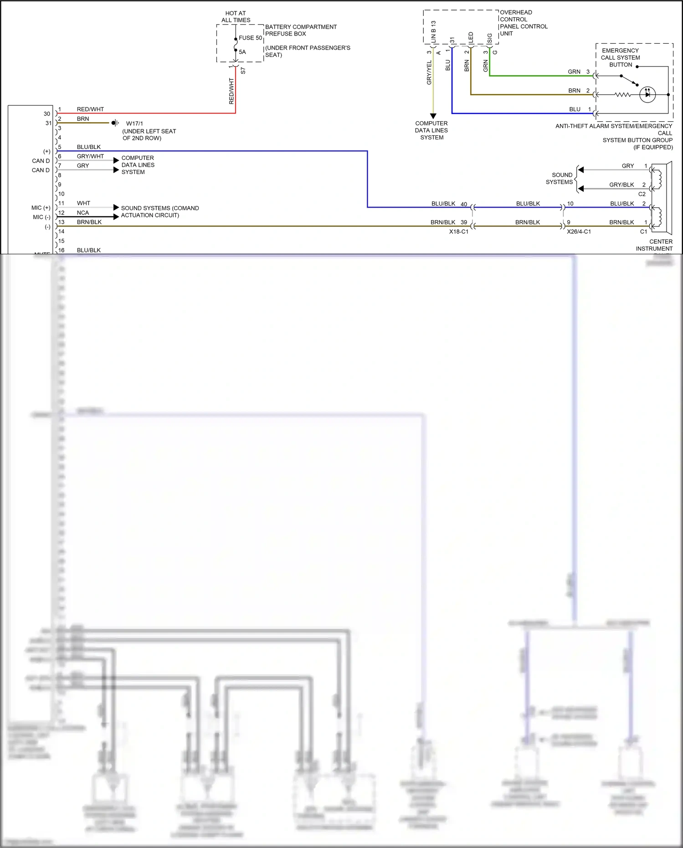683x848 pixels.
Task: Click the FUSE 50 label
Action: pos(250,38)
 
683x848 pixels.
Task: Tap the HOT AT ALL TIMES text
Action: pos(236,17)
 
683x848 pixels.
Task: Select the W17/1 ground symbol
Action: pos(115,123)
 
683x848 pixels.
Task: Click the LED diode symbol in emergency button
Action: pos(647,95)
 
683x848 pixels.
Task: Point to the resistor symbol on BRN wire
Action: pos(622,95)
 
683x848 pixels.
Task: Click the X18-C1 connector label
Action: pos(458,231)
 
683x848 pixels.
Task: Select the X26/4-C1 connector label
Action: pos(579,231)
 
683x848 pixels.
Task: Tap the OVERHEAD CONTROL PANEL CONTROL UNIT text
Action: pos(523,23)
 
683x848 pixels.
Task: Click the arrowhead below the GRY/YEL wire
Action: pos(433,116)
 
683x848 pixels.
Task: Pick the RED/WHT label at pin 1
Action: pos(90,109)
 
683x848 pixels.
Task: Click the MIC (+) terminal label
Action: pos(41,208)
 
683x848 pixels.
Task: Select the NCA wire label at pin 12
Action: pos(83,213)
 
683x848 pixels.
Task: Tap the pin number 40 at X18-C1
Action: pos(464,204)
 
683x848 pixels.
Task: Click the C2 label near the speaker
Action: pos(642,194)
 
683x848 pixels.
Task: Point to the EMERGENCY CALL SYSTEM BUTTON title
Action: pos(621,57)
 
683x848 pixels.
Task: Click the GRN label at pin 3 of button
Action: pos(574,72)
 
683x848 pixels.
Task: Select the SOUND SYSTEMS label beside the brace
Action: pos(560,178)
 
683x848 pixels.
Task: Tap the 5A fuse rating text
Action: pos(242,52)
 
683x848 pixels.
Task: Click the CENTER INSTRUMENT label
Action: pos(655,245)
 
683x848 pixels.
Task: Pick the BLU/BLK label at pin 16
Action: pos(89,250)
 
